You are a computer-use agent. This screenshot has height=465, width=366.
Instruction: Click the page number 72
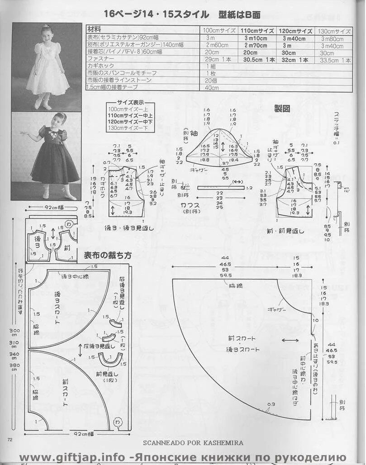[10, 439]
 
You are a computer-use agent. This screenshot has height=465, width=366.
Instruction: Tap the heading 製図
[282, 109]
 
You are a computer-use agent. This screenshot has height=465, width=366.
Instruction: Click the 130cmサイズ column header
[334, 31]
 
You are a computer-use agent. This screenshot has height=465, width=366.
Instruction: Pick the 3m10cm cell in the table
[257, 38]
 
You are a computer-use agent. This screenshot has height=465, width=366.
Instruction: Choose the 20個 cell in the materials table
[211, 80]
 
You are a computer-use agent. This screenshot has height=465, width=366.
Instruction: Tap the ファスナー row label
[100, 59]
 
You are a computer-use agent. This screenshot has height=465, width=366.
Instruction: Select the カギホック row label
[100, 66]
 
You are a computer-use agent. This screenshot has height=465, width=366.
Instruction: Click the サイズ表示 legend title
[131, 103]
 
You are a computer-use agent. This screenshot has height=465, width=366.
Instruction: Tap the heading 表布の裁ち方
[108, 256]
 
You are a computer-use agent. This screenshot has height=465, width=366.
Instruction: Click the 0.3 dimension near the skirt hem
[271, 404]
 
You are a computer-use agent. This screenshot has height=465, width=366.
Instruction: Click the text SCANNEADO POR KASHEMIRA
[193, 443]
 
